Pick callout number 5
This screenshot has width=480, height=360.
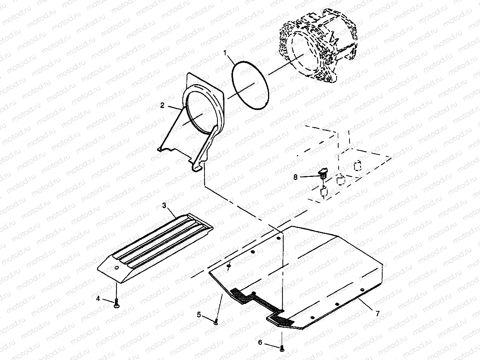(199, 314)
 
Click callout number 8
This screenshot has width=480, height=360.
(296, 176)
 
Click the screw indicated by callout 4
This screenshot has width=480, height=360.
(116, 306)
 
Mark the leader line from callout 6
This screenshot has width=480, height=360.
(271, 344)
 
